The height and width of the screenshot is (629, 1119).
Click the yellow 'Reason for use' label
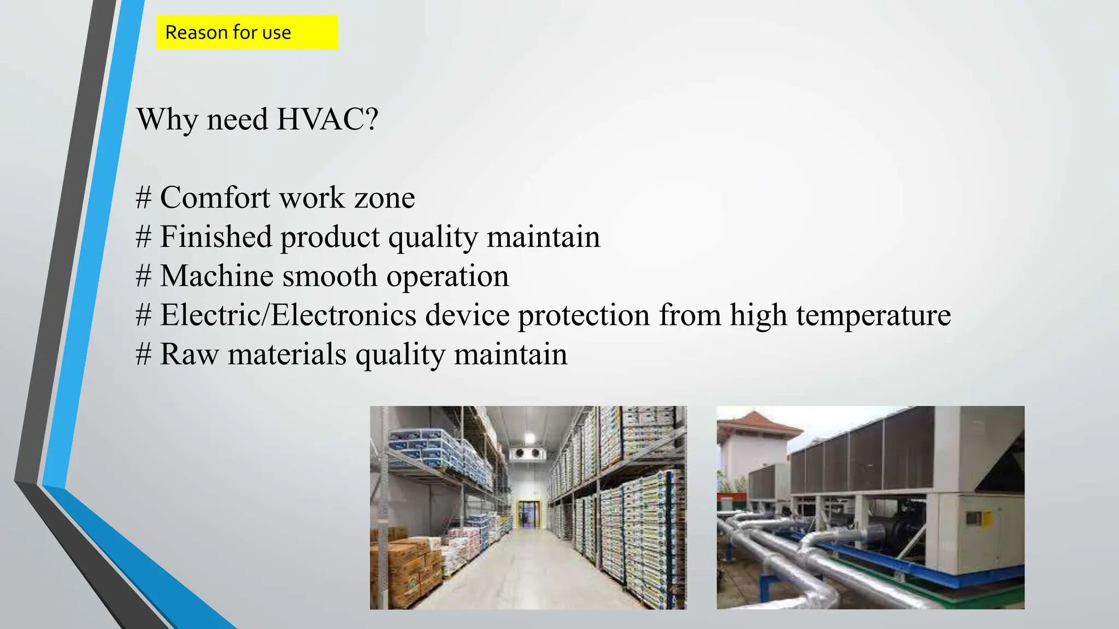click(246, 32)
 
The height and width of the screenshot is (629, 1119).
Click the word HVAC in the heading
click(327, 119)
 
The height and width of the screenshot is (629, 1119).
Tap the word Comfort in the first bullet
click(215, 197)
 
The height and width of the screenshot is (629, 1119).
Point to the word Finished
click(215, 237)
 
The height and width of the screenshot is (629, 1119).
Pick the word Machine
click(216, 276)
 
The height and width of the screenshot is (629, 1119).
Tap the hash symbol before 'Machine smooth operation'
click(143, 276)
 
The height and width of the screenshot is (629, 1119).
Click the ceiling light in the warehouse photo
click(529, 437)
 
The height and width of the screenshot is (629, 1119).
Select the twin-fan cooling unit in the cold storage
click(527, 453)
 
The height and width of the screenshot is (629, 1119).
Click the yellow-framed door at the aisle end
click(528, 514)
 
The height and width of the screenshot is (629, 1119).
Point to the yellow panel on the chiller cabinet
click(986, 518)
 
